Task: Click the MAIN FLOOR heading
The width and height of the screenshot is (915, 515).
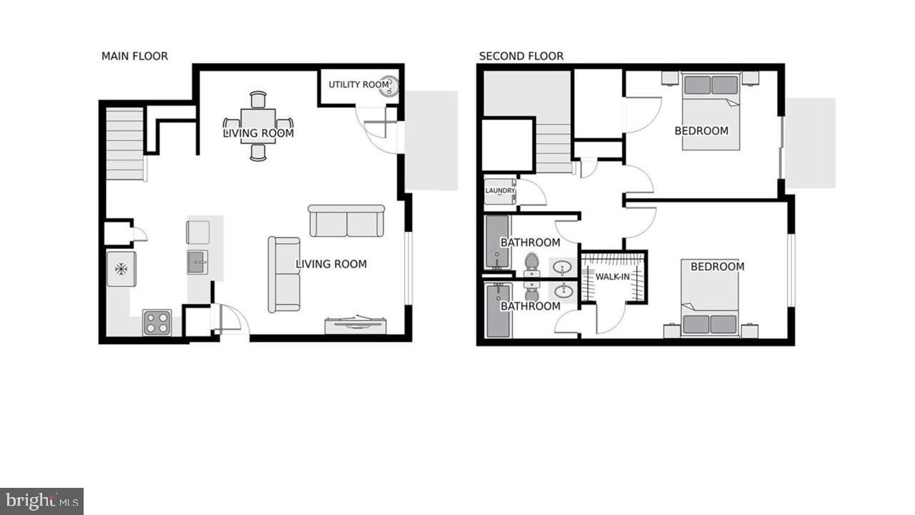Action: point(134,56)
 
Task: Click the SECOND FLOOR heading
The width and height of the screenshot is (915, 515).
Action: point(521,56)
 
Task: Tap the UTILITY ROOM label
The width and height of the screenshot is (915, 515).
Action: point(358,84)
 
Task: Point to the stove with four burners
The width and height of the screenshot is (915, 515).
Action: point(157,323)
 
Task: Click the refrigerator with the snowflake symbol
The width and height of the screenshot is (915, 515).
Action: point(122,269)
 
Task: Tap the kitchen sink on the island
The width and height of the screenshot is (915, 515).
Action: point(197,263)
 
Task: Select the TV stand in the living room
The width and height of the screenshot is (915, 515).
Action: point(355,324)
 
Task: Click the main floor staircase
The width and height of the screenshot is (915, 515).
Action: point(125,144)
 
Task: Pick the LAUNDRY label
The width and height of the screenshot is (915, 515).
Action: point(500,191)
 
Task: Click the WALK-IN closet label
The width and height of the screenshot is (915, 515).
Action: point(613,277)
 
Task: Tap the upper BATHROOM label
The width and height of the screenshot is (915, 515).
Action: point(530,242)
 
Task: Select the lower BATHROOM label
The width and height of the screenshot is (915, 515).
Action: point(530,306)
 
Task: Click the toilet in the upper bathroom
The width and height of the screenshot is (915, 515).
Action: point(531,263)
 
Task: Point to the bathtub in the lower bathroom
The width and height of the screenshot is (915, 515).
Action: point(498,310)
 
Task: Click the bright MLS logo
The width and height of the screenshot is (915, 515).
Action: point(41,501)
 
